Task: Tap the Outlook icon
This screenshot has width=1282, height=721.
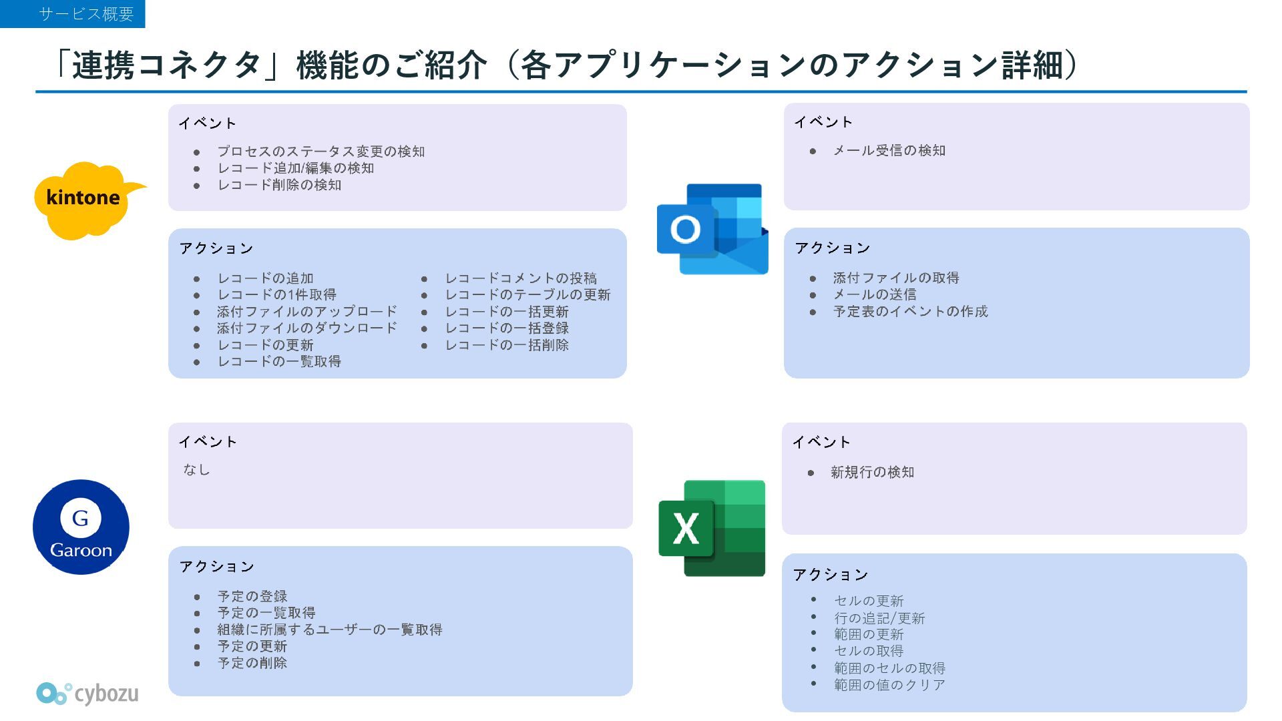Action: (712, 229)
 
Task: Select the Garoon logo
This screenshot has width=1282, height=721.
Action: (81, 527)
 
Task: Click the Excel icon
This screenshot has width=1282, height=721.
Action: (712, 527)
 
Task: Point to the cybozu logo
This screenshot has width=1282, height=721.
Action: (87, 694)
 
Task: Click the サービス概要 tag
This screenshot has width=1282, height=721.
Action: (73, 14)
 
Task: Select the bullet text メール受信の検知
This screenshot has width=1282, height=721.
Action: (889, 151)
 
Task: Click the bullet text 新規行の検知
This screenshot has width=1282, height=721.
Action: (872, 473)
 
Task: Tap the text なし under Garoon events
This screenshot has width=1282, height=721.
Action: (196, 470)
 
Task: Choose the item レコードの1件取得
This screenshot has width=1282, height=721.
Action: (276, 295)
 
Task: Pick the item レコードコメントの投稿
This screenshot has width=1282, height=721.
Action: (521, 278)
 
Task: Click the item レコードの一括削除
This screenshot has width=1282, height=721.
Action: (507, 345)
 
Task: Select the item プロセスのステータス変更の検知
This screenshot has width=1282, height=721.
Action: (320, 152)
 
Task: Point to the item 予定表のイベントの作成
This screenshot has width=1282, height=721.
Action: (910, 312)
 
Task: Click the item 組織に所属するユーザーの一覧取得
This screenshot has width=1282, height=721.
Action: (329, 630)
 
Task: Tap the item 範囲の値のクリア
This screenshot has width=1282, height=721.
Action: (889, 685)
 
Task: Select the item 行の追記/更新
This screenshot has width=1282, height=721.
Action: (879, 618)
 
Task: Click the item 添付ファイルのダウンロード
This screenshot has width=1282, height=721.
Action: (306, 328)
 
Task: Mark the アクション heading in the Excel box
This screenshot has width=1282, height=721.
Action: (830, 575)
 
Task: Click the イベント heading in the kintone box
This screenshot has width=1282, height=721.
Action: (207, 124)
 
